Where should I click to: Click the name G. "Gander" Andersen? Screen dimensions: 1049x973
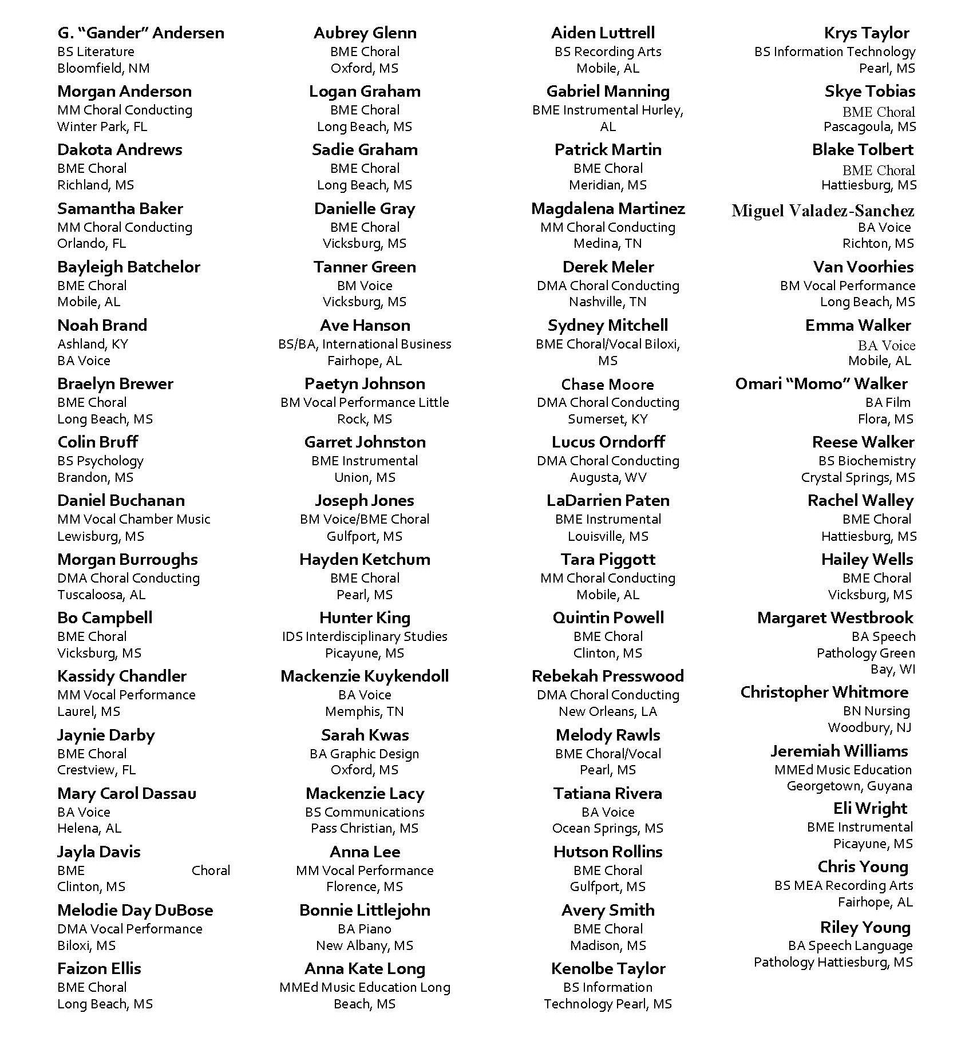141,33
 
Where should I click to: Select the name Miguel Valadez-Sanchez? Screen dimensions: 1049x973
822,211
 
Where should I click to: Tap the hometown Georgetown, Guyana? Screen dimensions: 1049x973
849,786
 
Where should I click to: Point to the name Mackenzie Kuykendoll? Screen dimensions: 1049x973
365,676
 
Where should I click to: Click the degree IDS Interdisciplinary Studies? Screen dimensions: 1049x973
365,636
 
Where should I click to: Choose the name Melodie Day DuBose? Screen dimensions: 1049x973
135,911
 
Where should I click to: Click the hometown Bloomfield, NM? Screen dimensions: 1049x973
103,68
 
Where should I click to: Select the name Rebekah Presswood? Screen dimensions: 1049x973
608,676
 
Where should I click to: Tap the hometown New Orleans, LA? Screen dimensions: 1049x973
608,711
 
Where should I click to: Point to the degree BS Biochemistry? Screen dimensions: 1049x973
867,461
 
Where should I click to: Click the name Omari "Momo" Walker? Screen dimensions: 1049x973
821,384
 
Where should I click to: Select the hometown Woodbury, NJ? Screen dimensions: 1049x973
869,727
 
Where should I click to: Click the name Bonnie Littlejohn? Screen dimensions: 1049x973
365,911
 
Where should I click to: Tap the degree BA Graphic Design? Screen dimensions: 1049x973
365,754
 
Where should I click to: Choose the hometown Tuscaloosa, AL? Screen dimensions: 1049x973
101,595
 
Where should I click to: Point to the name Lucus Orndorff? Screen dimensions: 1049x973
608,442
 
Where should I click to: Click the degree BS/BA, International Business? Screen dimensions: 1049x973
365,344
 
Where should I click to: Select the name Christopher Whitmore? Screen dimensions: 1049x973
824,692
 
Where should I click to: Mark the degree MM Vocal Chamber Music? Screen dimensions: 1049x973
133,519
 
